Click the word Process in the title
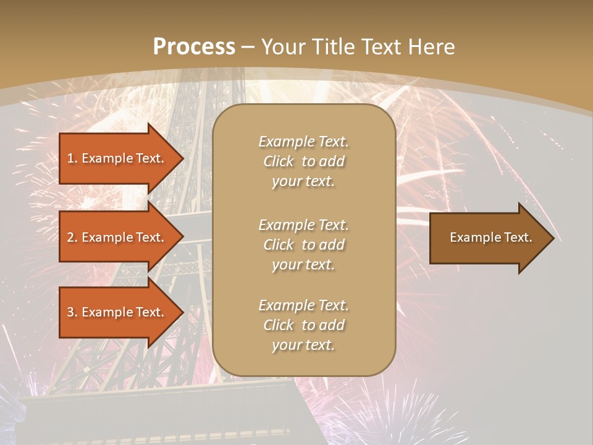(194, 47)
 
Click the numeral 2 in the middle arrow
(70, 237)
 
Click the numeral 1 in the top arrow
(70, 158)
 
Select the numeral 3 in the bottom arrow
(70, 312)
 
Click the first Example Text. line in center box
(303, 142)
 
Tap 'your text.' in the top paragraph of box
(303, 181)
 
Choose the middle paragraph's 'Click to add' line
(303, 245)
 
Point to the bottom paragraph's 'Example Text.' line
(303, 305)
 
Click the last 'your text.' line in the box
(303, 345)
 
